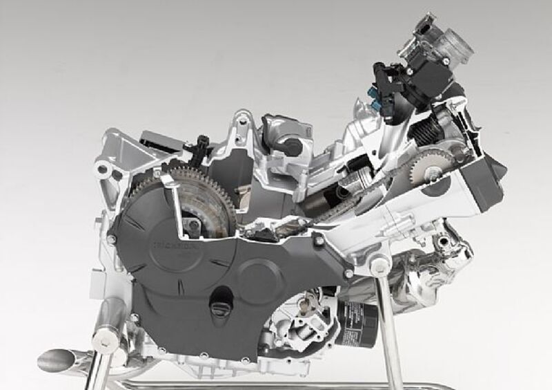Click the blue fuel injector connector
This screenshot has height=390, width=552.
[x=376, y=102]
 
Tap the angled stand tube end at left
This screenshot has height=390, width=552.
[x=58, y=360]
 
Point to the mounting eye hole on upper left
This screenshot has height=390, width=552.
[x=102, y=169]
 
